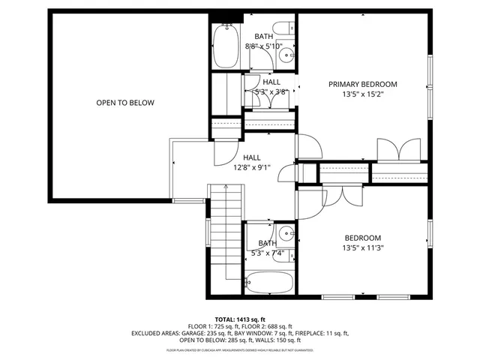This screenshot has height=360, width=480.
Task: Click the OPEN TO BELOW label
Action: coord(125,103)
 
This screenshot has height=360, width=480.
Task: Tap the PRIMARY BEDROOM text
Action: coord(362,84)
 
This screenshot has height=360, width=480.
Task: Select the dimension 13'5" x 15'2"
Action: coord(362,94)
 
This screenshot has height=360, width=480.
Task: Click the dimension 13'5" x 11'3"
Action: coord(362,247)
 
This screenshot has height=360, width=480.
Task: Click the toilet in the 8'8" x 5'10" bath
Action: coord(284,30)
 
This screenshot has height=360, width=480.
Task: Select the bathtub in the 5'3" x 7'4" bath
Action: coord(269,283)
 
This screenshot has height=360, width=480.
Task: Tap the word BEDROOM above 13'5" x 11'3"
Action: coord(362,237)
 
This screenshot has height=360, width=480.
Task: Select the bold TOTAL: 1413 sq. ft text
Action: coord(240,319)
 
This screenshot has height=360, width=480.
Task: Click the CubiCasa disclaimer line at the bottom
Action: coord(240,349)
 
